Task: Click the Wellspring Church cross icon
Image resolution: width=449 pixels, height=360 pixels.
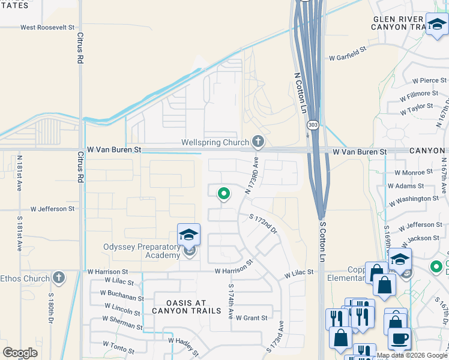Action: (x=258, y=142)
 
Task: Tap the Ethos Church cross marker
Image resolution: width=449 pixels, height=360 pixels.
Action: (x=58, y=278)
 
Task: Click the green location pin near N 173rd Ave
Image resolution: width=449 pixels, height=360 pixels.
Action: (x=223, y=193)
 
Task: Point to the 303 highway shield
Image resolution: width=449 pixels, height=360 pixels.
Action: (x=312, y=125)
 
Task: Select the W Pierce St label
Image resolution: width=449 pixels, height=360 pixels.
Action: (x=430, y=80)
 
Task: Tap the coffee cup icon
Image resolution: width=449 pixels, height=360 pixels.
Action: (x=399, y=338)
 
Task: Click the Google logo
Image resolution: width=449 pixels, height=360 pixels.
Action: (x=20, y=352)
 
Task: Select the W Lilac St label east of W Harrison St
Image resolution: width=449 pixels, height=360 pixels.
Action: (x=299, y=274)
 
